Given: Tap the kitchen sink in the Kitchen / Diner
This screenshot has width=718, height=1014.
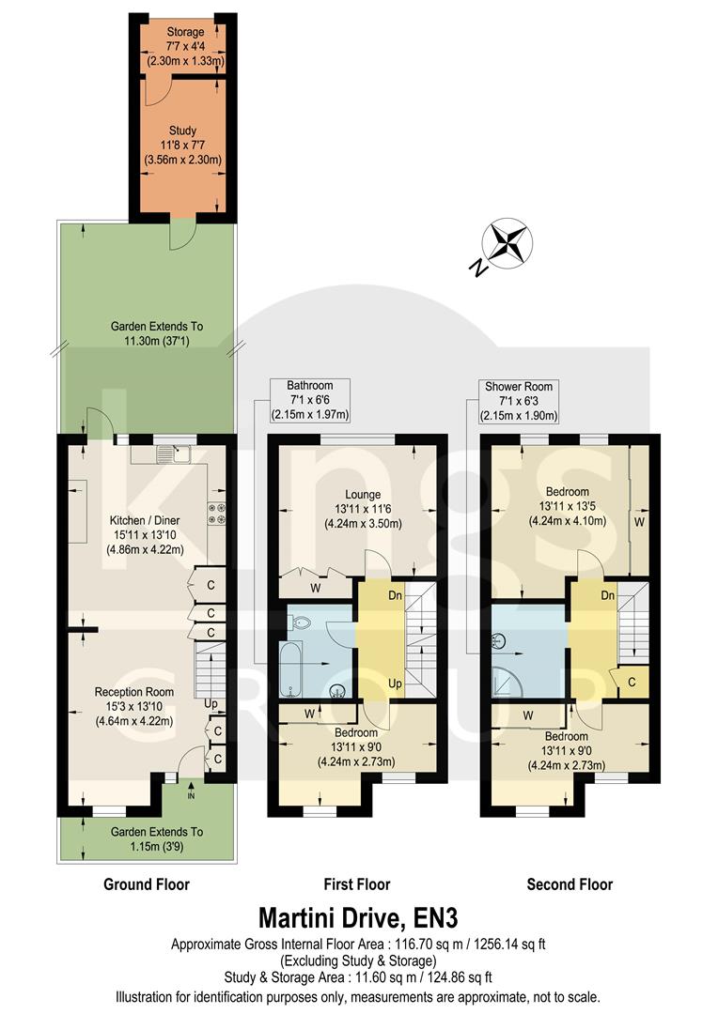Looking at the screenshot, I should point(174,455).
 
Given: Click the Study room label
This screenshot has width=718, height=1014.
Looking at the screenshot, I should point(182,146).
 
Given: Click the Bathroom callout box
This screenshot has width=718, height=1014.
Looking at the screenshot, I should point(309,400).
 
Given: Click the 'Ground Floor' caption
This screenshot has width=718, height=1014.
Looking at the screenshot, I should point(148,884).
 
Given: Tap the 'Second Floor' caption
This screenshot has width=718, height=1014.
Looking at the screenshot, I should point(570,884).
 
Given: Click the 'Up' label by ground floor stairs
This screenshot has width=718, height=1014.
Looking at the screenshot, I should point(210,702).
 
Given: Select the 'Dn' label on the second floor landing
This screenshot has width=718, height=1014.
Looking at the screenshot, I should point(607,595).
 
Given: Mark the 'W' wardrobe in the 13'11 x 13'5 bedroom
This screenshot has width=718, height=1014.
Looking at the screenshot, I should point(639,519).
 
